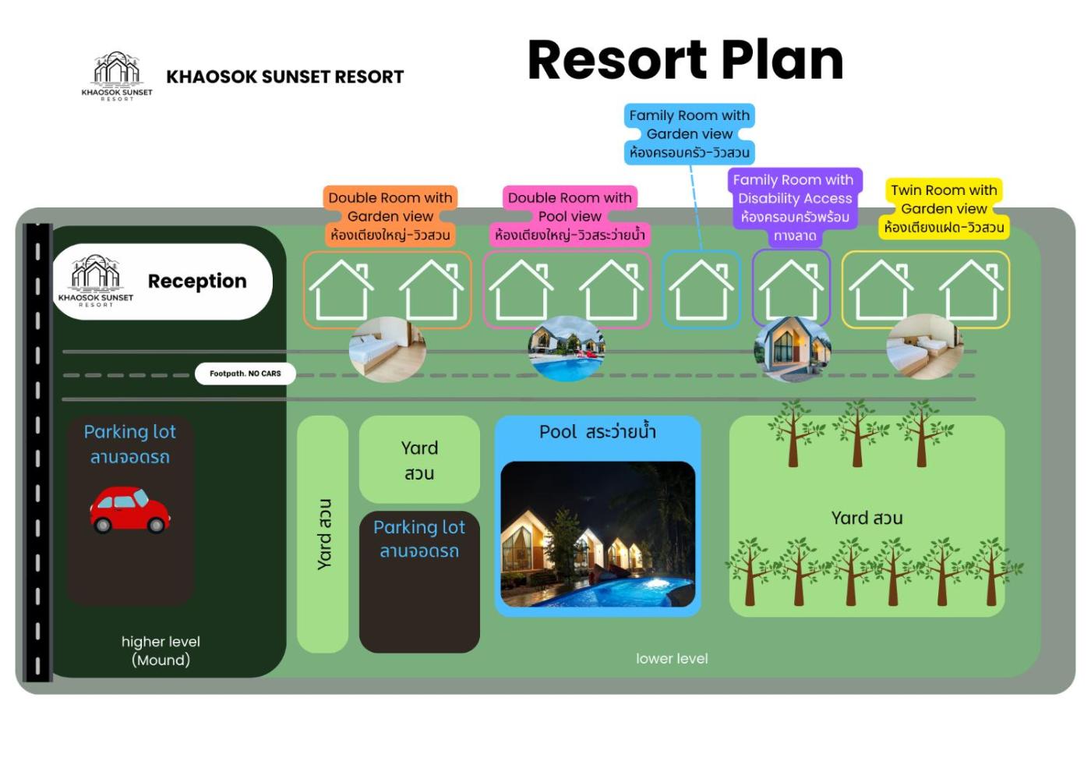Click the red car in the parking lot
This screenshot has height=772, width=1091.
click(x=129, y=510)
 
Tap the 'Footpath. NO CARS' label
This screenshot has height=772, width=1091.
click(x=245, y=374)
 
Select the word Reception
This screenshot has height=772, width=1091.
click(x=197, y=281)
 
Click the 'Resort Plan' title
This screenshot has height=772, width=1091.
click(x=685, y=60)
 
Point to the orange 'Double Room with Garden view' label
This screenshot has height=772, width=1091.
click(x=390, y=216)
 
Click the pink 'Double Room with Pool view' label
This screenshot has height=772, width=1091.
click(x=570, y=216)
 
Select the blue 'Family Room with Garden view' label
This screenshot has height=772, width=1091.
click(x=689, y=133)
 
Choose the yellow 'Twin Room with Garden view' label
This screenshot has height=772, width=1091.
click(x=944, y=208)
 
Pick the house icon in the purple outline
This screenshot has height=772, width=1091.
click(x=790, y=289)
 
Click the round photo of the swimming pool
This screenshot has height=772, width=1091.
click(x=567, y=349)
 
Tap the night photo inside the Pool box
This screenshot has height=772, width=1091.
click(x=598, y=534)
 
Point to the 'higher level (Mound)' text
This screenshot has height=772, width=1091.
click(x=161, y=650)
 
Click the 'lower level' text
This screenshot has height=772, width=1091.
click(x=672, y=659)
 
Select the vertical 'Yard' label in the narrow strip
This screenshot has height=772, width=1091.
click(x=324, y=534)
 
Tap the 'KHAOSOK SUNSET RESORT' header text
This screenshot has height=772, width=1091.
click(x=284, y=76)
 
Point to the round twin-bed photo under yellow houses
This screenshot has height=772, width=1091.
click(x=924, y=347)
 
